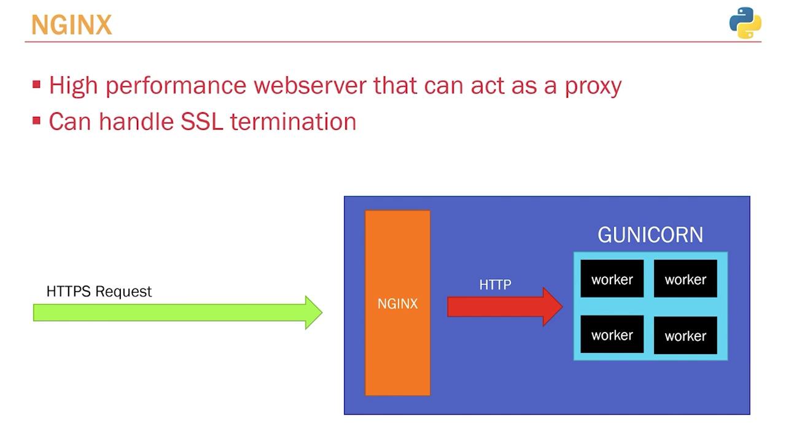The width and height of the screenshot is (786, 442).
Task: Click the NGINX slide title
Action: (x=71, y=25)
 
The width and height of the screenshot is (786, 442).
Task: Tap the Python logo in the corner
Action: (x=745, y=23)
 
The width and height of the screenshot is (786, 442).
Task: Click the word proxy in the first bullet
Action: (x=593, y=86)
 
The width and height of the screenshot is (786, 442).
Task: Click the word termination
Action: (x=293, y=122)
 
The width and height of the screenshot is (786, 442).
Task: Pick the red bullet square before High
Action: (x=37, y=84)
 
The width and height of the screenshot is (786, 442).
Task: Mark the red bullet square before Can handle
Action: (x=37, y=120)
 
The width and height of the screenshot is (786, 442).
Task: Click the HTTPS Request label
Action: (x=99, y=292)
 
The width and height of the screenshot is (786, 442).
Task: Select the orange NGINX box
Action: (x=397, y=303)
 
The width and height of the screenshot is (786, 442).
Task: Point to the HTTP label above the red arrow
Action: (x=495, y=285)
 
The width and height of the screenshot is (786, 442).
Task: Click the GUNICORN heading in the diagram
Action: (x=650, y=235)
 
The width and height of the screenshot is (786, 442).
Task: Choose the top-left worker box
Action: (x=612, y=279)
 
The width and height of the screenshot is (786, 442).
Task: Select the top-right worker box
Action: (x=685, y=279)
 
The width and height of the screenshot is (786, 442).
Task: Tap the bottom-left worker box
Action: (x=612, y=335)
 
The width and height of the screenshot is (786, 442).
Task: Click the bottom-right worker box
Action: (x=685, y=336)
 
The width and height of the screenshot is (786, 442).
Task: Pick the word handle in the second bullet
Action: (x=136, y=122)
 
